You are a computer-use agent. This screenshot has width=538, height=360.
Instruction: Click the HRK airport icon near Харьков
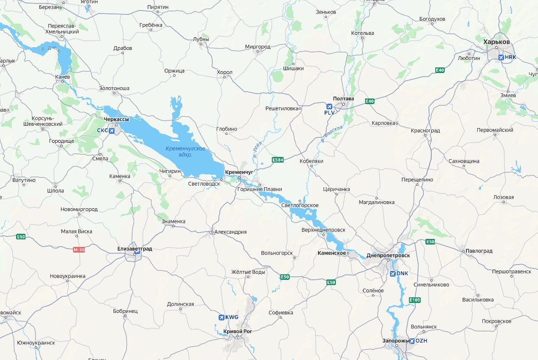(501, 57)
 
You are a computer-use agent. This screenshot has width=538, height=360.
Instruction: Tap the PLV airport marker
(329, 106)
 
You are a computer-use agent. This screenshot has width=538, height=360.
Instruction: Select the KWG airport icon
(221, 317)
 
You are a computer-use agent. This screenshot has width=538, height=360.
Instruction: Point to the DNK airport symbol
(392, 273)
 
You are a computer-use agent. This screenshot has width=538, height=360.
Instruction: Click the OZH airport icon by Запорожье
(412, 341)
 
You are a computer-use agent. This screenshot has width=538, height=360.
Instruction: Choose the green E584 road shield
(278, 160)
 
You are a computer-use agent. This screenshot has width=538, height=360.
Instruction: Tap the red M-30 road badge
(79, 250)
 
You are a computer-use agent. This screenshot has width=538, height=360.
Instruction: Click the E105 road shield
(415, 300)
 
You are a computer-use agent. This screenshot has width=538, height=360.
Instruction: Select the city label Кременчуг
(239, 172)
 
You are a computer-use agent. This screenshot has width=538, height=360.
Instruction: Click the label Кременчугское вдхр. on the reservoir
(186, 151)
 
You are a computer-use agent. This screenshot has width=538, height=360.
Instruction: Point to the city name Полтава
(343, 98)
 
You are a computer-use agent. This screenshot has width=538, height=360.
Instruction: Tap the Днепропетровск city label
(391, 255)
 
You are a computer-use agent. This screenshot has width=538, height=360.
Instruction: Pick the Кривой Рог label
(238, 332)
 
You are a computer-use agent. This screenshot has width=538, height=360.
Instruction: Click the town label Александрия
(230, 232)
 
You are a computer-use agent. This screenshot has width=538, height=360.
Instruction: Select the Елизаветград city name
(135, 248)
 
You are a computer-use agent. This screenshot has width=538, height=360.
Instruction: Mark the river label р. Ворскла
(333, 133)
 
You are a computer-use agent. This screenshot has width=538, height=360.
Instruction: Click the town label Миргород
(258, 47)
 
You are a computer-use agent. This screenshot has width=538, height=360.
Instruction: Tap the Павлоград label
(480, 251)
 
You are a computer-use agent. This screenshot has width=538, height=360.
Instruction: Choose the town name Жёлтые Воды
(248, 272)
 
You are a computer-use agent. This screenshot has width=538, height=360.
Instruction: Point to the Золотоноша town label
(114, 88)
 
